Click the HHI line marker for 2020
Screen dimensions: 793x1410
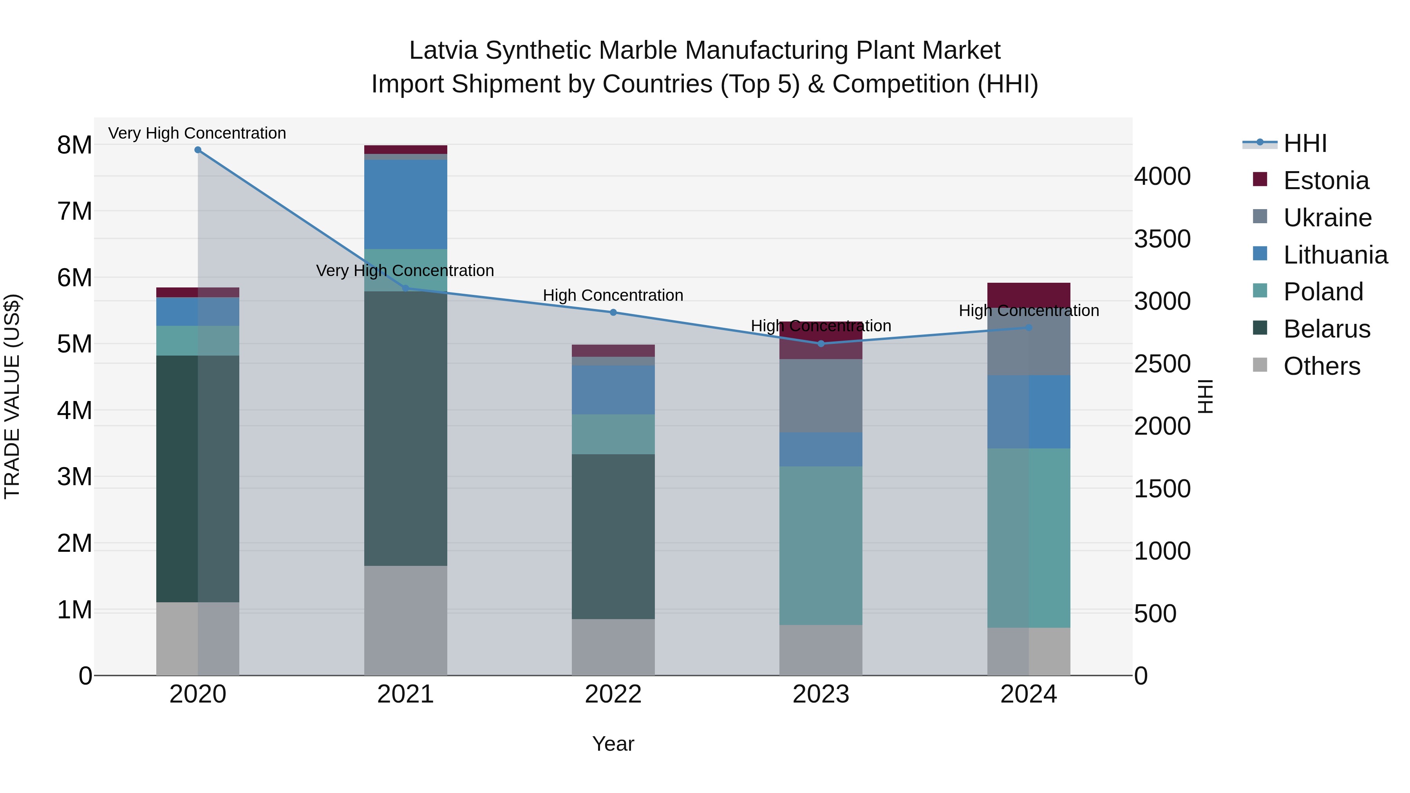(198, 150)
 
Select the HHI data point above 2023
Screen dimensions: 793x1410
(821, 344)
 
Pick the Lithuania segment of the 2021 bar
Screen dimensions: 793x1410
(406, 204)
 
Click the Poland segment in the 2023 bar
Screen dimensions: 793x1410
(821, 545)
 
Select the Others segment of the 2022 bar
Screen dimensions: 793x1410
(613, 647)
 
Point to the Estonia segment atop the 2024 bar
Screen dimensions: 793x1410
(1029, 293)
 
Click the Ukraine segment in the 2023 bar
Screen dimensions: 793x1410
(821, 395)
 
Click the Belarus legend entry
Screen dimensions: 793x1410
(1326, 329)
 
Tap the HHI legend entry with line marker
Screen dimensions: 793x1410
(1304, 143)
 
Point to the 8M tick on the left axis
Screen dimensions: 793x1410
(74, 145)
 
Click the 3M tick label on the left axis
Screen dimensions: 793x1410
(74, 477)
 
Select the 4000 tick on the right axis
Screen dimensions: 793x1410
(1162, 176)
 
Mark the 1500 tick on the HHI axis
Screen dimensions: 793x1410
(1162, 489)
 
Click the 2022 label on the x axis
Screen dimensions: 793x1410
(613, 694)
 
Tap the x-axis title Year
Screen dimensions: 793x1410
(613, 744)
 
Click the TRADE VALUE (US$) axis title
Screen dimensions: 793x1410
(12, 396)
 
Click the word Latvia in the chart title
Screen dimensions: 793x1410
(443, 51)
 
